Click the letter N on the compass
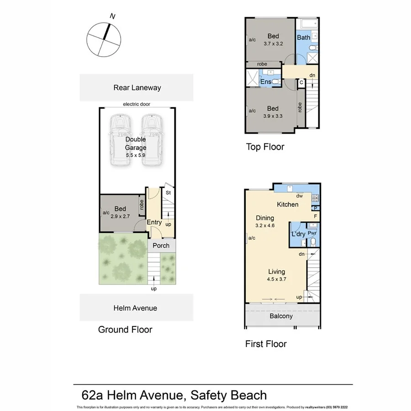point(112,16)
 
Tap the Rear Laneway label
point(137,88)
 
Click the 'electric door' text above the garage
point(136,104)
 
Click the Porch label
point(161,246)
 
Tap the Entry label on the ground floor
point(154,222)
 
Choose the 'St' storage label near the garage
point(168,193)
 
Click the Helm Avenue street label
point(135,308)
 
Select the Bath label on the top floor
point(304,37)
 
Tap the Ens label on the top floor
point(265,82)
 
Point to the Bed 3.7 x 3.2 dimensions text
point(273,44)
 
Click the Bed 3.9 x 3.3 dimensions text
point(273,116)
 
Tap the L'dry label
point(298,234)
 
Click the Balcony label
point(280,316)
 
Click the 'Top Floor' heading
point(265,147)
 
